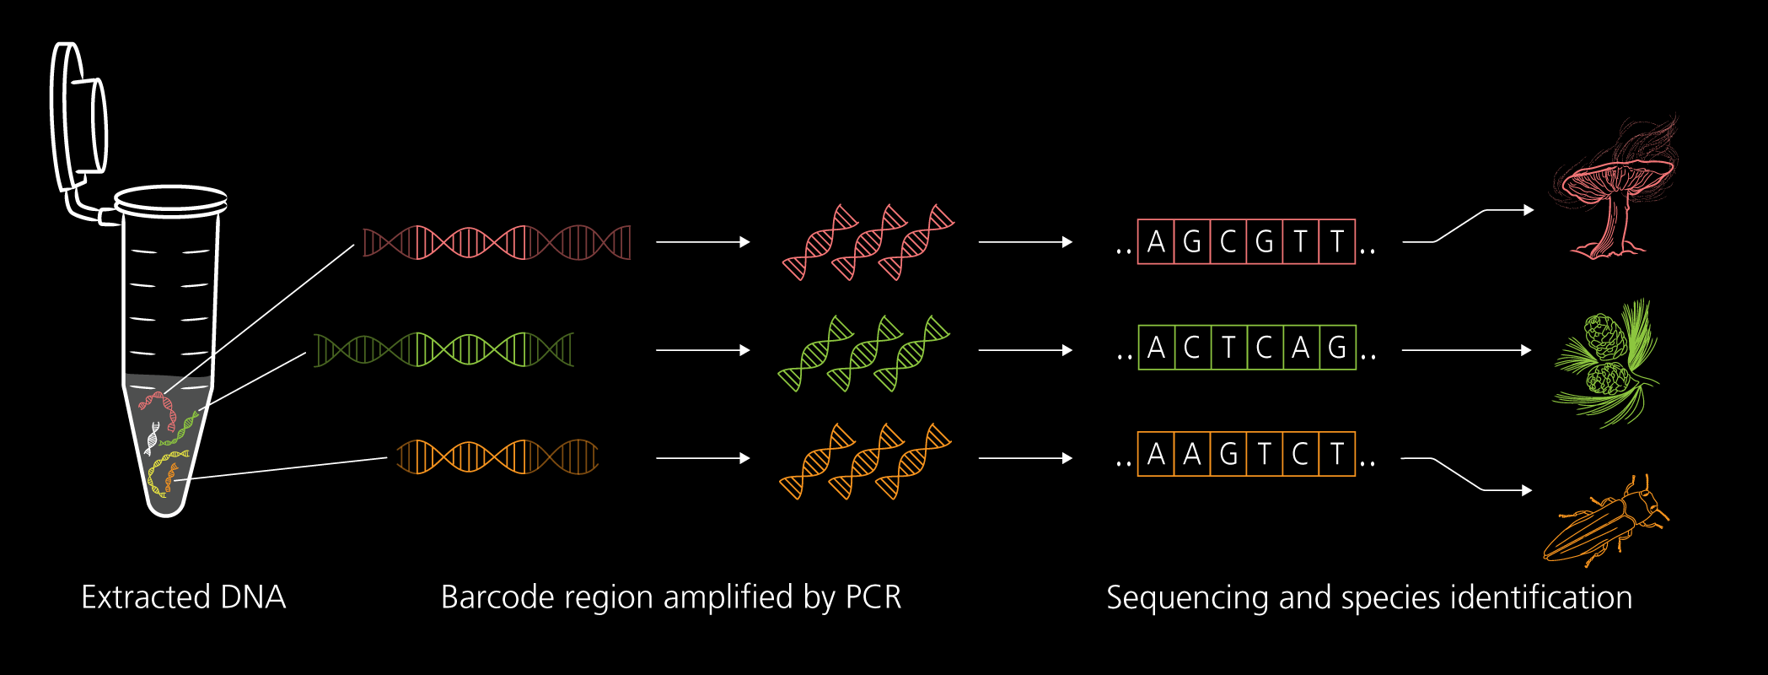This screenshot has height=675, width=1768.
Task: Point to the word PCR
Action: point(873,597)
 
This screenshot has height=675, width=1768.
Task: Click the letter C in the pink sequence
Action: point(1228,242)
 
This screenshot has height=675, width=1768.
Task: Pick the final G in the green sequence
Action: point(1337,348)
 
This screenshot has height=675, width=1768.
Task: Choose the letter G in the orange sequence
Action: point(1228,455)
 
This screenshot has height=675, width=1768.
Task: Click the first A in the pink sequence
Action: point(1156,242)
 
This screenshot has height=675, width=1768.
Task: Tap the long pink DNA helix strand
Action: point(497,243)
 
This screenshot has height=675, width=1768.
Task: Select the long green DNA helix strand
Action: point(443,350)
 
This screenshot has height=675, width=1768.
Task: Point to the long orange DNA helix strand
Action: point(497,456)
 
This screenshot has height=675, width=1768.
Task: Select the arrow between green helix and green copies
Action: point(702,350)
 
